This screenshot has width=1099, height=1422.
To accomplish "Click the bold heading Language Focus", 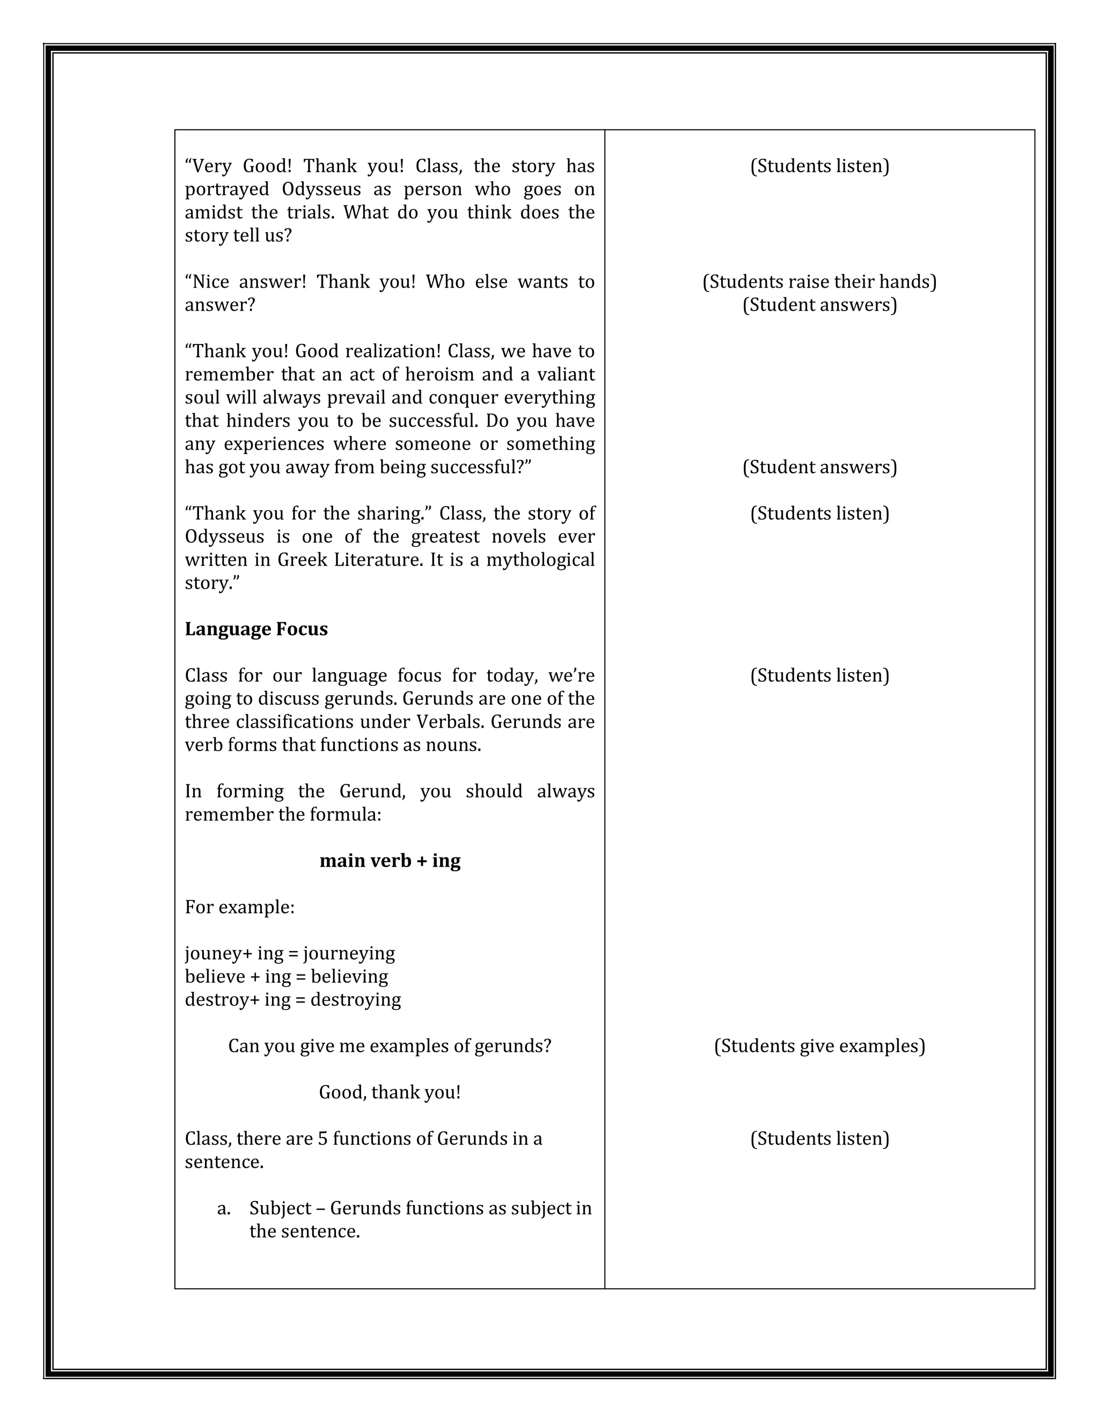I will click(256, 629).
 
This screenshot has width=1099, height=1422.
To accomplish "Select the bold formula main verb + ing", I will click(390, 861).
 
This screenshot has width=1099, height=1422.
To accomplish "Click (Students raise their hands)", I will click(819, 282).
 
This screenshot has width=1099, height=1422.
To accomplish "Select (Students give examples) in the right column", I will click(819, 1046).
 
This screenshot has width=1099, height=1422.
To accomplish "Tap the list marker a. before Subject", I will click(224, 1208).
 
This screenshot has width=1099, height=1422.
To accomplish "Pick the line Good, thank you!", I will click(390, 1093).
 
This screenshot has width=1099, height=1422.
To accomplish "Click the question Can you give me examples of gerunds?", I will click(390, 1046).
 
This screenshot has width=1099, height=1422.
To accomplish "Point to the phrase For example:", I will click(239, 907).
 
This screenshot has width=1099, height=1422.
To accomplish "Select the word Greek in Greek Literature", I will click(302, 560).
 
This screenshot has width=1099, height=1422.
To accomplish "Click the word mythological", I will click(540, 560).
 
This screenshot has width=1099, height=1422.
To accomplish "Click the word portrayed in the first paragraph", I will click(227, 189).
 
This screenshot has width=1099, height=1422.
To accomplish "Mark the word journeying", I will click(349, 954).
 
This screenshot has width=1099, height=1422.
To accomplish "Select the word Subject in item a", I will click(280, 1208).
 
